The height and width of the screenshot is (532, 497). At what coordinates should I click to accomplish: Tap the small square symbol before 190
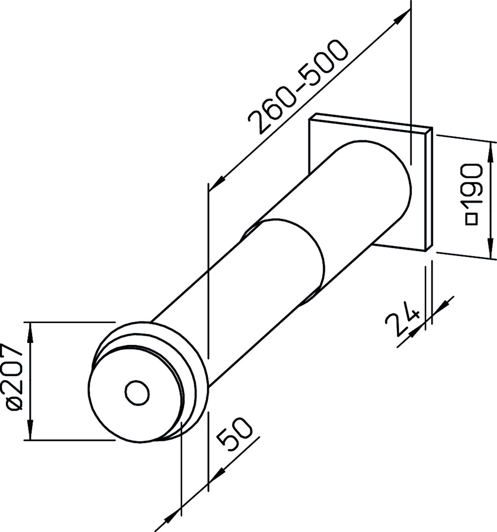click(x=472, y=219)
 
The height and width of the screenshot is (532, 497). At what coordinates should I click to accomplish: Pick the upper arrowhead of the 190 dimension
click(x=491, y=152)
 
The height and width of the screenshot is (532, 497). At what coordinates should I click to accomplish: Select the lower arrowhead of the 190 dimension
click(x=491, y=248)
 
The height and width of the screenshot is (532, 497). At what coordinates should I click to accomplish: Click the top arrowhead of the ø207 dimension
click(x=30, y=332)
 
